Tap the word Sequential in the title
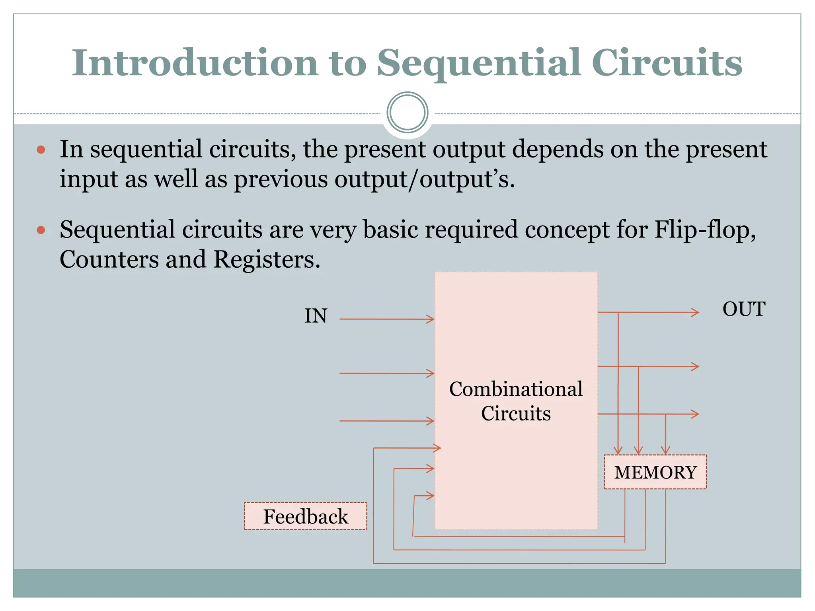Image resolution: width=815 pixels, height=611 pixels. click(477, 64)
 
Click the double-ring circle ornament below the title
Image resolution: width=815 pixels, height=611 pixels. click(407, 113)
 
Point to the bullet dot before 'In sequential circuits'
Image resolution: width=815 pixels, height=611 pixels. click(41, 150)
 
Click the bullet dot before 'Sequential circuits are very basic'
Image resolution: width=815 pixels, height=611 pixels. click(41, 230)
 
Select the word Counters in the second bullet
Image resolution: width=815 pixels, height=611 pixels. click(109, 259)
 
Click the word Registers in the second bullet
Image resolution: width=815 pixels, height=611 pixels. click(266, 259)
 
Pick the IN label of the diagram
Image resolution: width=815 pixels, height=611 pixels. click(316, 316)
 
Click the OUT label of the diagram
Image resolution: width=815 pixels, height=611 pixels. click(743, 309)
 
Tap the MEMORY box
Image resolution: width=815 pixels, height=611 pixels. click(655, 472)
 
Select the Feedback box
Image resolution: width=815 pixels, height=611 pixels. click(305, 516)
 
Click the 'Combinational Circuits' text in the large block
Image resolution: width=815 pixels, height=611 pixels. click(516, 401)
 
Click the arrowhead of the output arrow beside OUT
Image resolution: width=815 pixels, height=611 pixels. click(695, 312)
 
